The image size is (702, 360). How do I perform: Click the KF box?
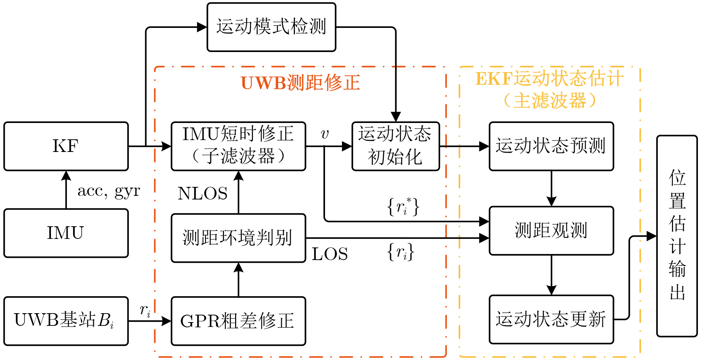(x=66, y=146)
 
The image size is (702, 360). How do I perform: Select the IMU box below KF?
(x=66, y=233)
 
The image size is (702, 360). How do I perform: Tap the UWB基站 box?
(x=66, y=321)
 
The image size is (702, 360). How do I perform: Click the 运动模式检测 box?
(x=271, y=27)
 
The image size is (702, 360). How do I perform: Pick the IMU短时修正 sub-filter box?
(x=238, y=146)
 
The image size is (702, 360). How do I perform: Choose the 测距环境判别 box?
(x=238, y=238)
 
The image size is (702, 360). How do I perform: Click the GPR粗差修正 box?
(x=238, y=321)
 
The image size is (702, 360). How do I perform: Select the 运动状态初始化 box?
(x=396, y=146)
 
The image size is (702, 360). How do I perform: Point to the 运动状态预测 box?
(x=551, y=146)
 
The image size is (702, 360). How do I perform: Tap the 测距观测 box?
(x=551, y=231)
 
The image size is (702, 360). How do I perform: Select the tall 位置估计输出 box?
(x=677, y=236)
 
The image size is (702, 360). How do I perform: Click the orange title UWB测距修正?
(x=300, y=82)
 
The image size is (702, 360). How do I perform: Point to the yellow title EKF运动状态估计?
(x=550, y=79)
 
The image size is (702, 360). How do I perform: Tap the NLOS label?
(x=202, y=194)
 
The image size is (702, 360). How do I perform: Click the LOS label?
(x=330, y=254)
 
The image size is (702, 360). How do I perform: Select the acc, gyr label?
(x=108, y=191)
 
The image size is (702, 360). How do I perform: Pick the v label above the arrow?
(x=325, y=134)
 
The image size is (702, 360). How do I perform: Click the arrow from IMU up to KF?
(x=66, y=189)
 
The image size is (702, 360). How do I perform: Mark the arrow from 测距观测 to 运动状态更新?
(x=551, y=275)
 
